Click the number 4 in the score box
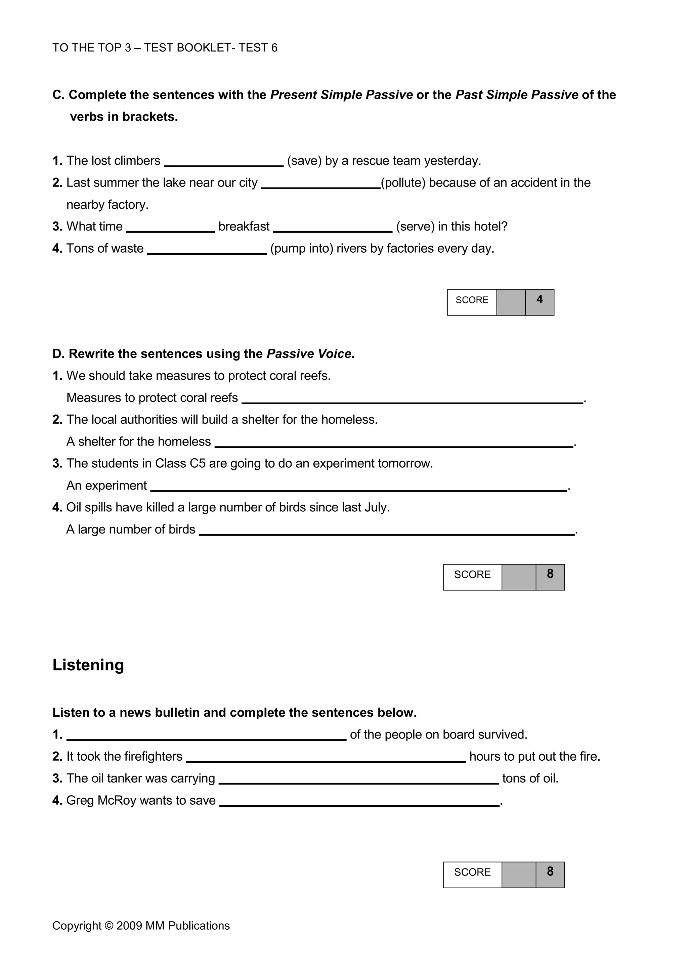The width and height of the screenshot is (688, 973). (539, 300)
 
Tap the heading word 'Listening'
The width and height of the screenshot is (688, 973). (88, 665)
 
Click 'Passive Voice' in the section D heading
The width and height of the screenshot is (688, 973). (309, 354)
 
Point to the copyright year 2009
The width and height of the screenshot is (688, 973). (129, 926)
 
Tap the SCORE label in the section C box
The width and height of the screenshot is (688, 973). (472, 300)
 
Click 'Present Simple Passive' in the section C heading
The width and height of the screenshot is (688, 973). (341, 95)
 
